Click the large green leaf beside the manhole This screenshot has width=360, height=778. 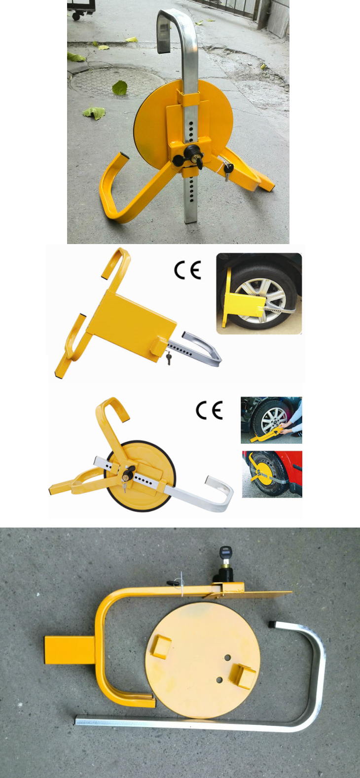point(120,88)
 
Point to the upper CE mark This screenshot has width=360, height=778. point(188,271)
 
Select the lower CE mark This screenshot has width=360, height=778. point(209,410)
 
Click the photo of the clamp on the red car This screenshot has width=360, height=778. point(272,474)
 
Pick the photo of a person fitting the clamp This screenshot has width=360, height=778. point(271,420)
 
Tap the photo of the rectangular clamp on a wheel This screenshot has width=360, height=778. point(259,293)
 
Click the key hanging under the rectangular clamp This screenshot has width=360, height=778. point(169,358)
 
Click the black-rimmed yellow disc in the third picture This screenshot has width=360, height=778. point(141,476)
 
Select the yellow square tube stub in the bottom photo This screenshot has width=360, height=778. point(70,650)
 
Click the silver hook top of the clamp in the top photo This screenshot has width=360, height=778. point(174,21)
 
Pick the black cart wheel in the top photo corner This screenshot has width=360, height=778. point(76,16)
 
